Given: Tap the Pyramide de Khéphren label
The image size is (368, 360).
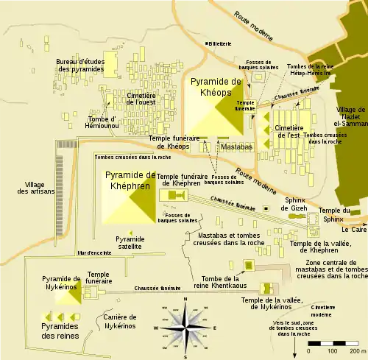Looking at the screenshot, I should [x=130, y=180].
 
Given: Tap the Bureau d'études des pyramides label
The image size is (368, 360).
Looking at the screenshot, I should [x=79, y=65].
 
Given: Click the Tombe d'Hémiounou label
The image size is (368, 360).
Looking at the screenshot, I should [x=103, y=124].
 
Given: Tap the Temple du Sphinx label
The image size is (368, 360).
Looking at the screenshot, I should [x=335, y=194].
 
